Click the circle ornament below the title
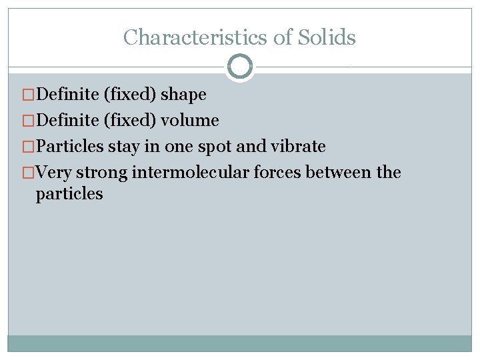pos(240,67)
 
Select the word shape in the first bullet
pos(183,95)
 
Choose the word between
pos(339,173)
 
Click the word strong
pos(102,173)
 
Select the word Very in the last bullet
pos(54,173)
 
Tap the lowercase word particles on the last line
pos(69,194)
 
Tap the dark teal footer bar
pos(240,343)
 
